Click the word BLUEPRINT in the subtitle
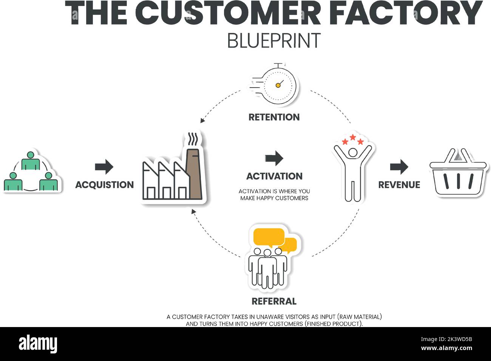tap(274, 41)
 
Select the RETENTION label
tap(274, 117)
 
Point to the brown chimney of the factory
tap(193, 174)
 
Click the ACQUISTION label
tap(105, 184)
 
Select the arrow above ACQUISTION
tap(104, 166)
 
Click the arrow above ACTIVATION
tap(274, 158)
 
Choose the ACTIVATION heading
tap(274, 176)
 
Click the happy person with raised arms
tap(352, 172)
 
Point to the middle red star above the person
tap(353, 137)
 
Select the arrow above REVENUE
tap(399, 166)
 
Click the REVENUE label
tap(399, 184)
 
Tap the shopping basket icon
tap(458, 173)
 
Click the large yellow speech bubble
tap(269, 237)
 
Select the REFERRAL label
tap(274, 301)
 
